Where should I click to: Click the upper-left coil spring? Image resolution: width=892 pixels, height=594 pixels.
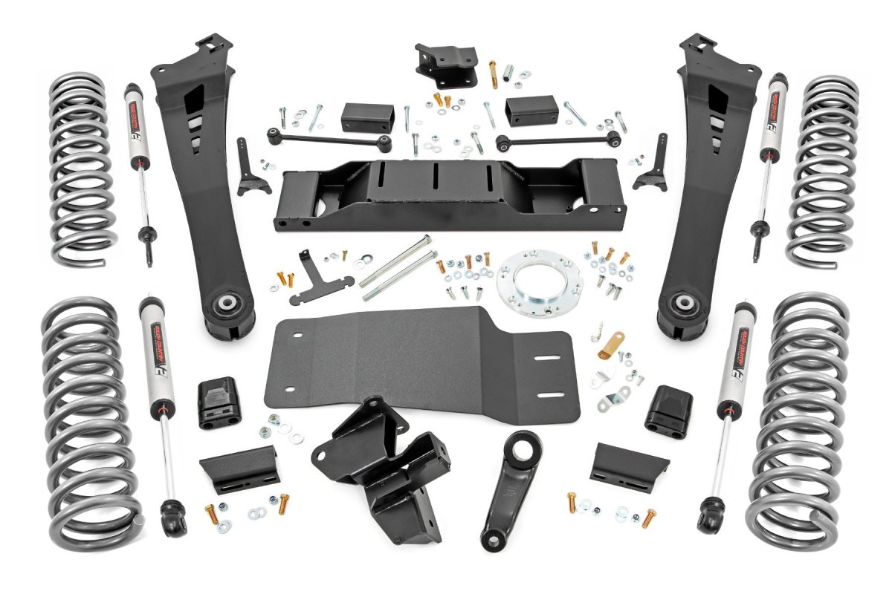pyautogui.click(x=82, y=171)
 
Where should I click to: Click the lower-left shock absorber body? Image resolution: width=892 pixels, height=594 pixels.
pyautogui.click(x=155, y=356)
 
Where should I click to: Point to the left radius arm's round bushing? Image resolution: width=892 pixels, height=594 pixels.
pyautogui.click(x=224, y=305)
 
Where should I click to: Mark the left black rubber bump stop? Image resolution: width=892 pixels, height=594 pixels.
pyautogui.click(x=217, y=403)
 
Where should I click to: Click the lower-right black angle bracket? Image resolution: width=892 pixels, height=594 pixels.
pyautogui.click(x=628, y=462)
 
